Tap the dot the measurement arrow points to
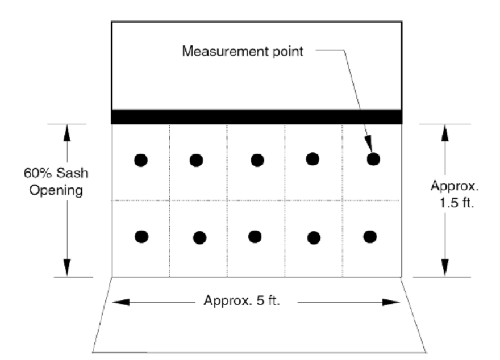coord(373,159)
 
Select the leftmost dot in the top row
coord(141,160)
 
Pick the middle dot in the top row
coord(257,160)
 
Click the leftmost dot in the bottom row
coord(141,236)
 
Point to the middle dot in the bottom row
coord(255,236)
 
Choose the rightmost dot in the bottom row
coord(370,236)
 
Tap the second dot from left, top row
coord(197,160)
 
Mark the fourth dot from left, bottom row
coord(314,237)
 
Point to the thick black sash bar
coord(256,116)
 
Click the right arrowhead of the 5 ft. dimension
coord(394,302)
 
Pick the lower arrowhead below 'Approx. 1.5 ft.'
coord(445,267)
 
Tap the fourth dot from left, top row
coord(312,159)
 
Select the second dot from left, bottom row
coord(199,237)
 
